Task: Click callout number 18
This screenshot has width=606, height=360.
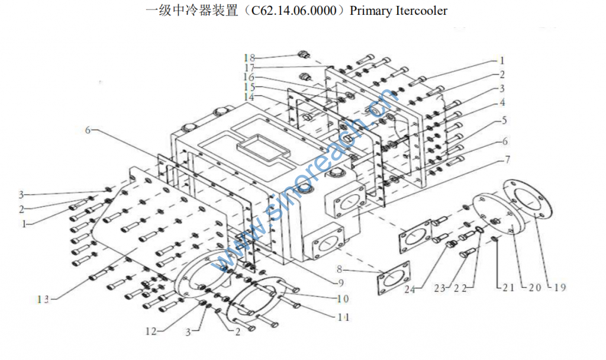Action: pos(249,57)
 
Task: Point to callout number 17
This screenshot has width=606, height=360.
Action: pos(249,67)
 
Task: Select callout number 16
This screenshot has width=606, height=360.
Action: pos(249,78)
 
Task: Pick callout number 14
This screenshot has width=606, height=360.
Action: pos(249,97)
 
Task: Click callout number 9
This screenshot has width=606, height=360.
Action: pos(340,282)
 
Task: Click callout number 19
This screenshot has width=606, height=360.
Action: pos(559,288)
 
